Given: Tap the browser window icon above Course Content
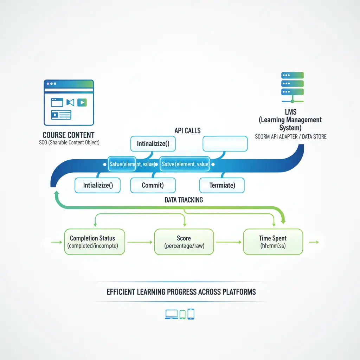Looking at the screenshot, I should tap(69, 102).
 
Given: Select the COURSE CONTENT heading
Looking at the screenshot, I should tap(68, 135).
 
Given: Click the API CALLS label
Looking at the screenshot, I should tap(188, 130).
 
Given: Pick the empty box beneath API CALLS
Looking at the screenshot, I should tap(225, 144).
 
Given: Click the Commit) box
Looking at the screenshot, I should tap(153, 185).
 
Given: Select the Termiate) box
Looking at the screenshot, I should tap(222, 185).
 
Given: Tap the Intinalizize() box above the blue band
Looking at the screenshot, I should tap(153, 144).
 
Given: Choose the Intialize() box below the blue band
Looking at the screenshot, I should tap(98, 185).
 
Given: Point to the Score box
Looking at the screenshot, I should tap(184, 242).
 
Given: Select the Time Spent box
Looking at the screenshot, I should tap(272, 242).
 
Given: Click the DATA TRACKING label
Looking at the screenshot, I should tap(184, 200).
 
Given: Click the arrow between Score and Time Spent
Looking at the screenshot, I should tap(229, 242).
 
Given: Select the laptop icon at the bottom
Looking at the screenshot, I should tap(171, 314).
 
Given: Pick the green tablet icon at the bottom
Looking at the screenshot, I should tap(182, 314).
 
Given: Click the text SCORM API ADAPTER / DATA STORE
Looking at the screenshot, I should tap(291, 136).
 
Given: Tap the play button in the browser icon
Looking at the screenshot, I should tap(82, 102).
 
